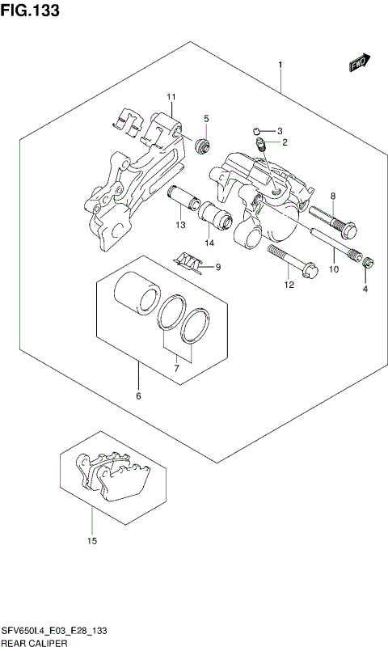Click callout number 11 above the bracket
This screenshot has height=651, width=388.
click(171, 98)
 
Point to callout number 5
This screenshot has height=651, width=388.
click(206, 120)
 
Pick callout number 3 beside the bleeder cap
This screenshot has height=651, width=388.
click(279, 131)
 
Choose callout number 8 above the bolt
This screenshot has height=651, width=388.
click(331, 197)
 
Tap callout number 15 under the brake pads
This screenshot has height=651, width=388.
click(92, 540)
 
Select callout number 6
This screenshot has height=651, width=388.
click(138, 396)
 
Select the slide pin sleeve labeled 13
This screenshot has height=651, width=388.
click(182, 199)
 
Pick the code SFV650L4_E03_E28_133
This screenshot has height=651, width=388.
click(54, 630)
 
